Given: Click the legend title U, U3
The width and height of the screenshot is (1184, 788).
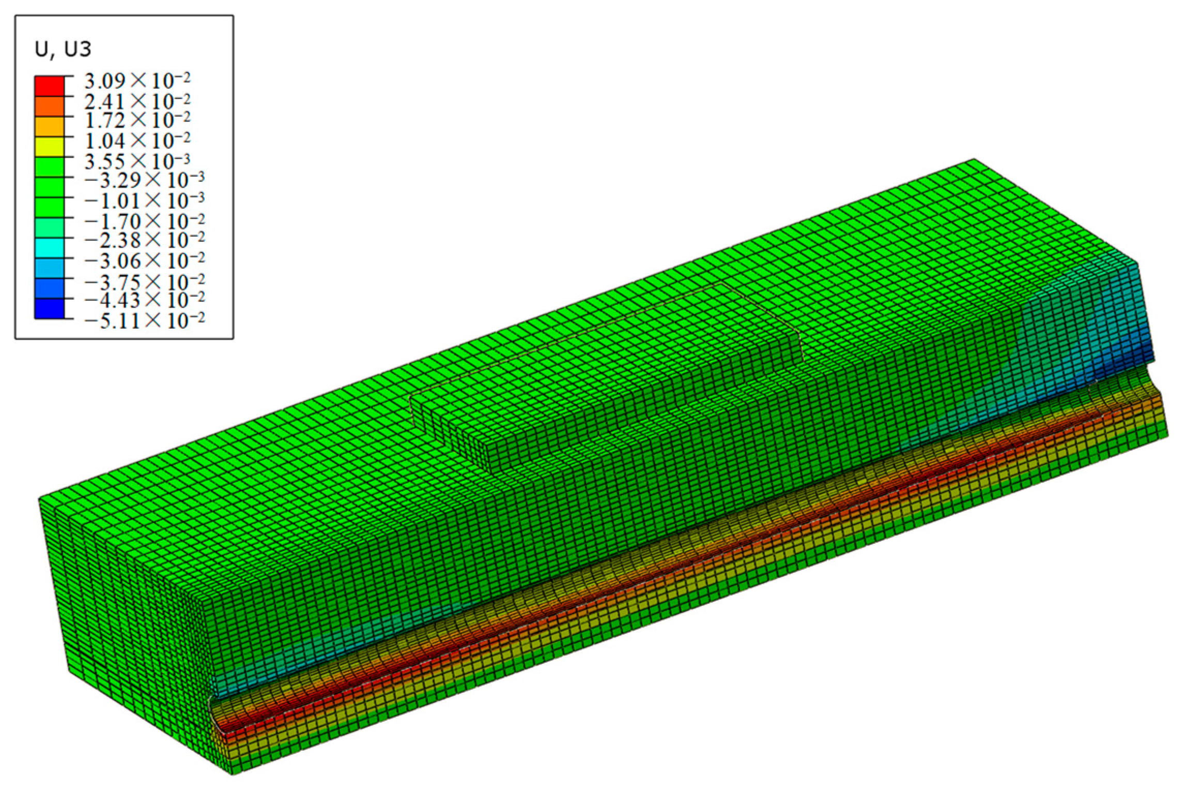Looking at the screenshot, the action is (x=63, y=49).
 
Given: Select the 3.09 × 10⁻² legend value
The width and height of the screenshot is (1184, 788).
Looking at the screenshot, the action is (x=137, y=81).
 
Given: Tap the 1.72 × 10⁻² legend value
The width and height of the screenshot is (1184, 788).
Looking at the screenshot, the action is (x=137, y=120).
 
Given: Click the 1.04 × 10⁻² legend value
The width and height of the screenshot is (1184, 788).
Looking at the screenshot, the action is (x=137, y=140).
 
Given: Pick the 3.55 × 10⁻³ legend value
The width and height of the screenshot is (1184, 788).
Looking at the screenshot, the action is (x=137, y=161).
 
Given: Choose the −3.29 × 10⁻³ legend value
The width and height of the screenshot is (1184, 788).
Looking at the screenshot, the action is (x=144, y=180).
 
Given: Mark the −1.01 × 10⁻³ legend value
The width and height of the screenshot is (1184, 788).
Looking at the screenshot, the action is (x=144, y=200).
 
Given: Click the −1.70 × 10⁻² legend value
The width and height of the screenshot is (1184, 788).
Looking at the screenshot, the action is (x=144, y=221).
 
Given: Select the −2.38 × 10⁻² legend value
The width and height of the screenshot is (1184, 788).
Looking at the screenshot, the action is (x=144, y=240).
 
